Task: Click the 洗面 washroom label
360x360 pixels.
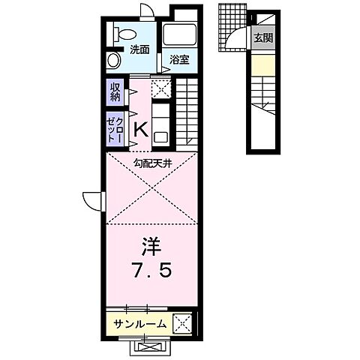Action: (139, 50)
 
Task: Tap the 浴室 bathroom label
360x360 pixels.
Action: (178, 59)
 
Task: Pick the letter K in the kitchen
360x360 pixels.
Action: (139, 130)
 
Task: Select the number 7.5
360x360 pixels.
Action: (151, 271)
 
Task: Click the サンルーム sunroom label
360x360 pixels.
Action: (139, 324)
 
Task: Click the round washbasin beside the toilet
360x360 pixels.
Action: (114, 59)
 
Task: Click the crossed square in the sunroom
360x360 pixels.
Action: (182, 323)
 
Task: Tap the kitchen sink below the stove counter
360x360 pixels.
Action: (160, 136)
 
